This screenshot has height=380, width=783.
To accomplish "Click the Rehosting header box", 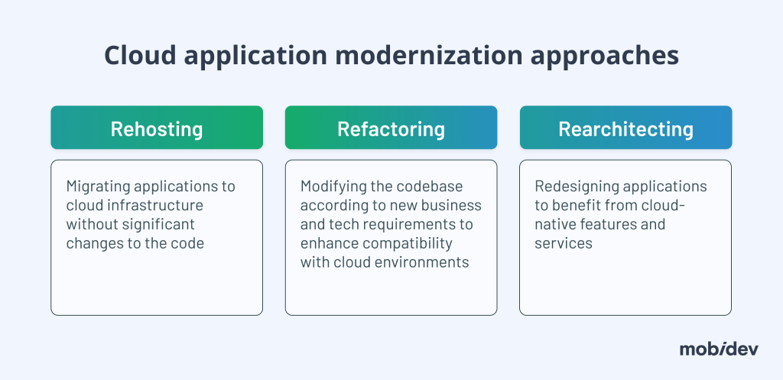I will [x=157, y=128].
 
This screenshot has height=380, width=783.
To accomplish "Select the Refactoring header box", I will [x=391, y=128].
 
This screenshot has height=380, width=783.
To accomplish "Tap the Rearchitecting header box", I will [x=625, y=128].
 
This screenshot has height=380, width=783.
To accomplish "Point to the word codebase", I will [x=435, y=187].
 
